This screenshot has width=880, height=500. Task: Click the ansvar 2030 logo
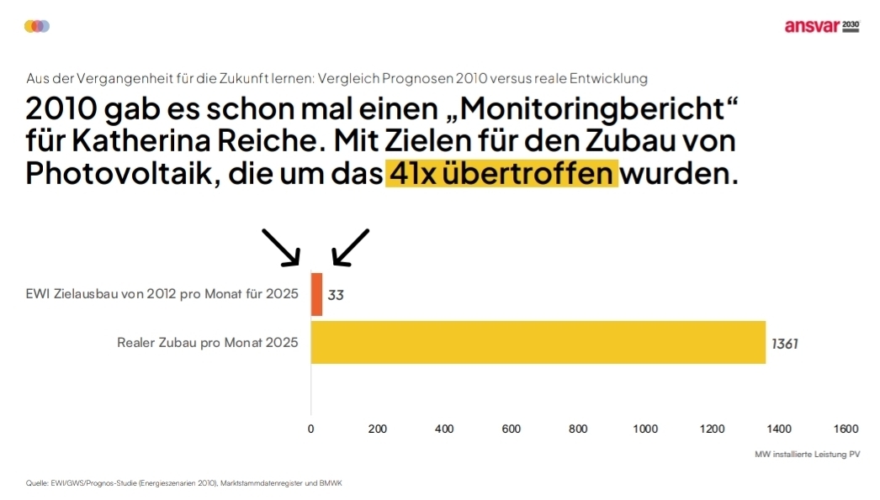821,26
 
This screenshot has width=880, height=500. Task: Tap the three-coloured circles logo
37,26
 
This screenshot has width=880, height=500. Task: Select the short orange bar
316,294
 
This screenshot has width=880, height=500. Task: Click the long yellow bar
538,342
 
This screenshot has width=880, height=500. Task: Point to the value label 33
336,295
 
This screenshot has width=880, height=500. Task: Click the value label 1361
784,343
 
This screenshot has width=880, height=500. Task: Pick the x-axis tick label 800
578,429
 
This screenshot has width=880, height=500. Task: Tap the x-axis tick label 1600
846,429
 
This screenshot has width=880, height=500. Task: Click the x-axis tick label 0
311,429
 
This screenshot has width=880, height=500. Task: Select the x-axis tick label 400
444,429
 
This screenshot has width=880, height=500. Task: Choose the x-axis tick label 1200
712,429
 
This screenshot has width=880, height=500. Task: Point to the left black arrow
282,247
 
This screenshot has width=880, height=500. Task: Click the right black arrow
350,247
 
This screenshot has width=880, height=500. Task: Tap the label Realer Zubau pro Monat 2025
207,343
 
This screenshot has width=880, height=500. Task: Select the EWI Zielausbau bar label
162,294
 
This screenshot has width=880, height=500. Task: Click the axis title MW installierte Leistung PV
807,454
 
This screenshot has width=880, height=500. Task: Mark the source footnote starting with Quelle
184,483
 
